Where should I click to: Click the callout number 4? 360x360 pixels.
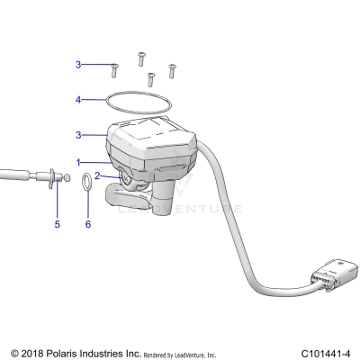pyautogui.click(x=78, y=99)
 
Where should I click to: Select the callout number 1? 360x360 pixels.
pyautogui.click(x=78, y=163)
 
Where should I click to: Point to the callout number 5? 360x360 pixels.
pyautogui.click(x=57, y=223)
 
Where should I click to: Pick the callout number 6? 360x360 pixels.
pyautogui.click(x=87, y=223)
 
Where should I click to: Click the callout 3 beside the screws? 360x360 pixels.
pyautogui.click(x=78, y=65)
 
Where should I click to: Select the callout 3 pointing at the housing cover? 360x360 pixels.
pyautogui.click(x=78, y=135)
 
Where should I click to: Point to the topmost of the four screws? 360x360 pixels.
pyautogui.click(x=141, y=58)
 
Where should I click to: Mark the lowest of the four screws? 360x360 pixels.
pyautogui.click(x=150, y=80)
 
